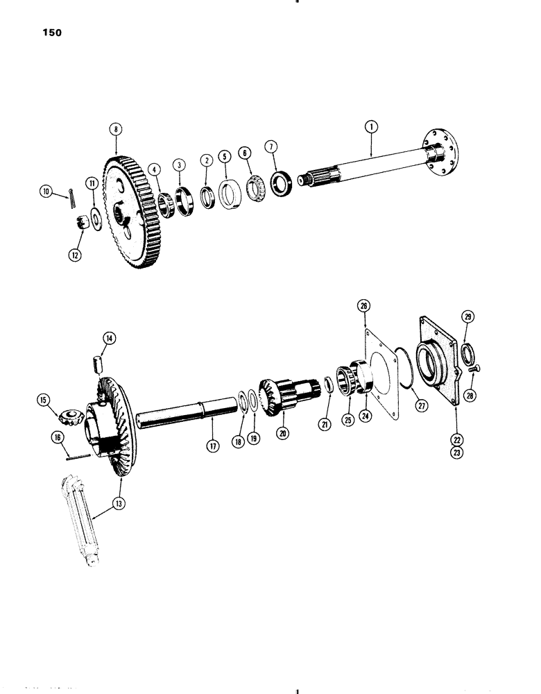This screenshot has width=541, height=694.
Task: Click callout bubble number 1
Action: coord(372,126)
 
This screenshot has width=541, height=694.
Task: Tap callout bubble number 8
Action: coord(115,128)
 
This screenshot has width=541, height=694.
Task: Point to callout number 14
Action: coord(109,339)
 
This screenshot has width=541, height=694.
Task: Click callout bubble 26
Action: coord(365,305)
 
